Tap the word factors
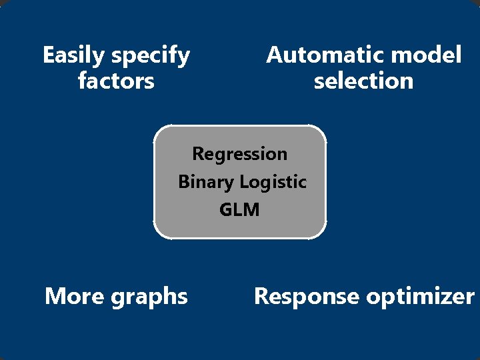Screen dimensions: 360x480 click(116, 81)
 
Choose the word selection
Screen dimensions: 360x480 click(363, 81)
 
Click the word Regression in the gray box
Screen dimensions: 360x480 click(240, 154)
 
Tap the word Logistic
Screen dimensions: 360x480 click(273, 182)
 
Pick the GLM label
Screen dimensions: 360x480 click(239, 210)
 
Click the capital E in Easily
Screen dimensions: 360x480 click(48, 55)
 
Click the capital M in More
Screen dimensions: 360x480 click(54, 295)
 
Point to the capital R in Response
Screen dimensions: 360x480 click(261, 295)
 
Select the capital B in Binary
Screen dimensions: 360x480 click(184, 182)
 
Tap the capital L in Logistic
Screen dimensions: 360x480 click(244, 182)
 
